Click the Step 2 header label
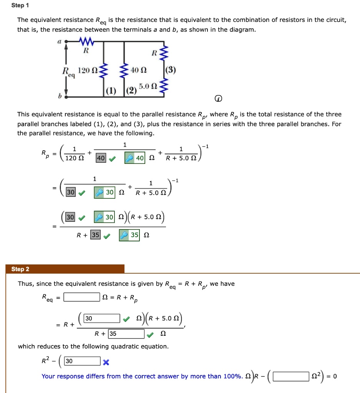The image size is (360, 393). [20, 269]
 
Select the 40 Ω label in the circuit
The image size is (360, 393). [137, 70]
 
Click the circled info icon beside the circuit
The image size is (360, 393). [218, 99]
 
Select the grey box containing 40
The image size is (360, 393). [101, 158]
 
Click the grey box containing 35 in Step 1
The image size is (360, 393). [95, 235]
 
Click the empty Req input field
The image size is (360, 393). [82, 297]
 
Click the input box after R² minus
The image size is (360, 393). [82, 361]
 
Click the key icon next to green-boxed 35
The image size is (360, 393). [124, 235]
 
